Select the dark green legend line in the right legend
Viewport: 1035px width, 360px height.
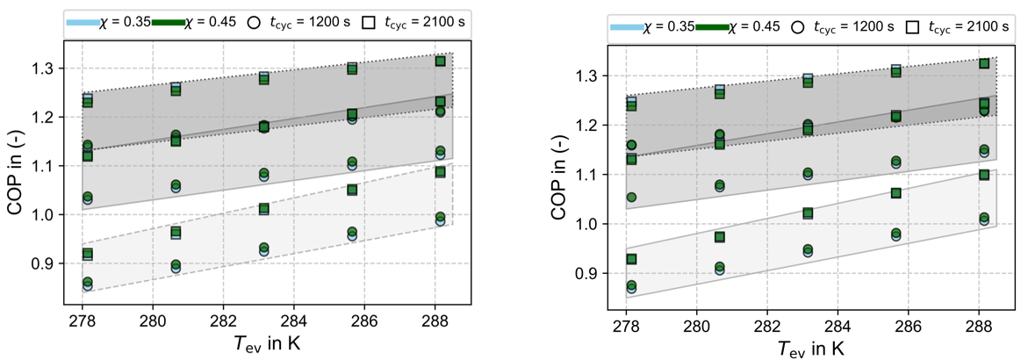(x=712, y=27)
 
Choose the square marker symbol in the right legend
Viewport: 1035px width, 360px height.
(x=914, y=27)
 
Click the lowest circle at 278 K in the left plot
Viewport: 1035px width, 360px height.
(x=88, y=285)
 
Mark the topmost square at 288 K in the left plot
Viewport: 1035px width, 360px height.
(x=441, y=61)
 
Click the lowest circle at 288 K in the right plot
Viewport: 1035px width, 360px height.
(x=984, y=220)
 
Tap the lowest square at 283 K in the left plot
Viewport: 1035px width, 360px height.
(x=264, y=209)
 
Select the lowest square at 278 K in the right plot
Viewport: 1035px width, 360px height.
(x=631, y=260)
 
